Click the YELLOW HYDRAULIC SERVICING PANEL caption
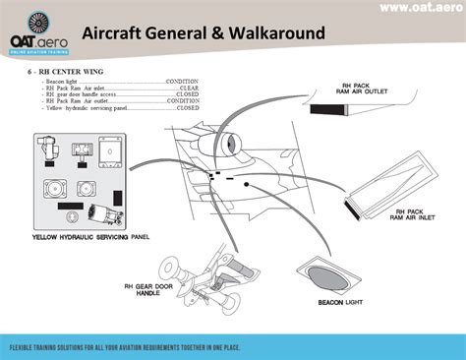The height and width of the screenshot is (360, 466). point(90,237)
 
